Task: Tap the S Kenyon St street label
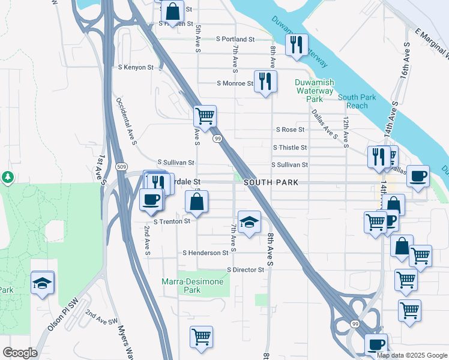(136, 67)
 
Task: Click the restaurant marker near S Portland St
(297, 45)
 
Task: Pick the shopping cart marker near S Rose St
(205, 116)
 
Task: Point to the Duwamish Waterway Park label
(315, 90)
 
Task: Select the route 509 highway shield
(122, 166)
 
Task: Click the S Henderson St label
(205, 253)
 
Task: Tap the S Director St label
(246, 270)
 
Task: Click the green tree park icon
(8, 177)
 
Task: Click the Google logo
(20, 353)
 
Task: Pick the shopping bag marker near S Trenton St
(196, 203)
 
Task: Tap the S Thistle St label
(290, 148)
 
